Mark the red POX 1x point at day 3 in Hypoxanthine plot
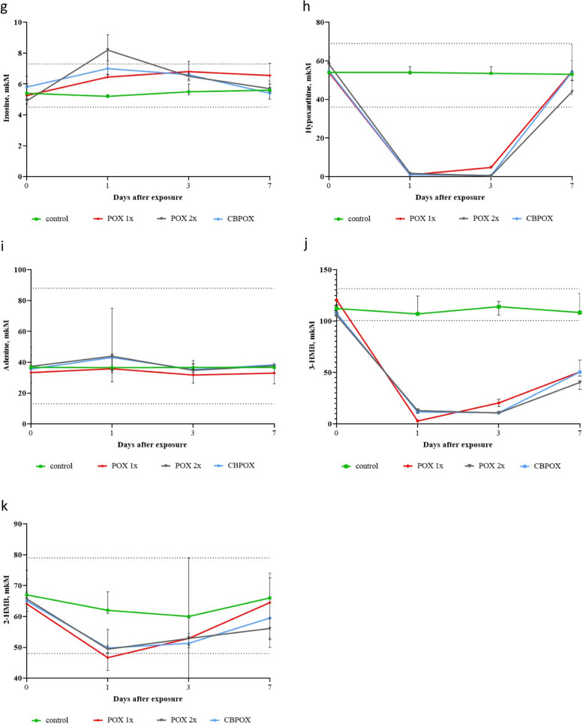pyautogui.click(x=491, y=167)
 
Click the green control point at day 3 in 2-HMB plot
pyautogui.click(x=188, y=616)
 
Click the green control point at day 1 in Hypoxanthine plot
pyautogui.click(x=410, y=72)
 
